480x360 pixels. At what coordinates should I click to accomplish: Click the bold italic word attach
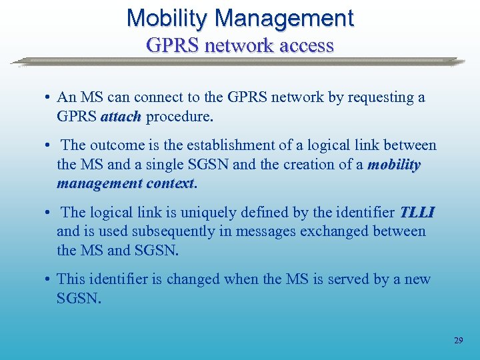(x=121, y=117)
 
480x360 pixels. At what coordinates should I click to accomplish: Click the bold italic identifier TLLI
(x=417, y=212)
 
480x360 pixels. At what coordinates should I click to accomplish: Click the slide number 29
(x=458, y=340)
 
